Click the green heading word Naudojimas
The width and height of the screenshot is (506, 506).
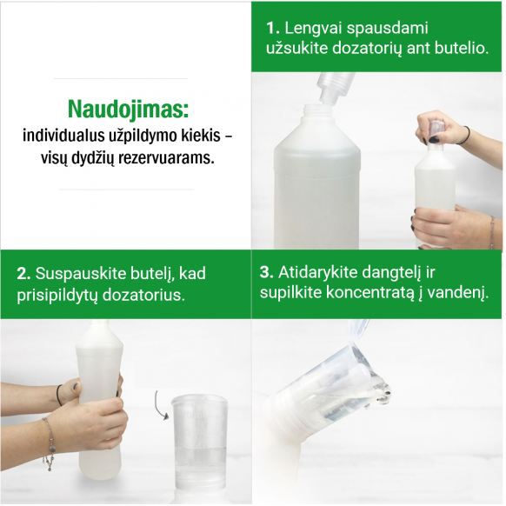(x=128, y=109)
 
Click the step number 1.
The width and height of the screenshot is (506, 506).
(x=272, y=29)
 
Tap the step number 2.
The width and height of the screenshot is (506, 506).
(x=23, y=273)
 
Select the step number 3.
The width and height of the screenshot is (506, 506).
(x=267, y=272)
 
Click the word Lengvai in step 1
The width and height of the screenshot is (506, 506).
(x=313, y=29)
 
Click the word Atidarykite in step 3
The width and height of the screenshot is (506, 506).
(x=318, y=273)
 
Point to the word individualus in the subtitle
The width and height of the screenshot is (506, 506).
(x=62, y=136)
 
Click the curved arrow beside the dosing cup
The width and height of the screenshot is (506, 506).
(x=160, y=405)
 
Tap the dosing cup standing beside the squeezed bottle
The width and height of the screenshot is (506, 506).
(x=199, y=449)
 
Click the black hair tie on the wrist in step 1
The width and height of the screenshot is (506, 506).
(x=467, y=135)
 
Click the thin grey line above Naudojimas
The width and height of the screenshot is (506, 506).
(x=120, y=78)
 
